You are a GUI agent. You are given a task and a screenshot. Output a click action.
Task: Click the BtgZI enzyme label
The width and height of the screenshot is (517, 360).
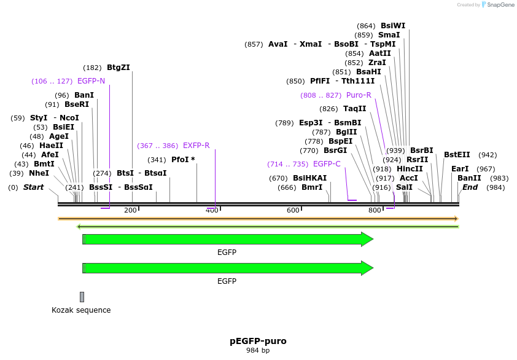[x=118, y=68]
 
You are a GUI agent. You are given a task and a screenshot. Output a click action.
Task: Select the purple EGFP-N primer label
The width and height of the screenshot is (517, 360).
[x=91, y=81]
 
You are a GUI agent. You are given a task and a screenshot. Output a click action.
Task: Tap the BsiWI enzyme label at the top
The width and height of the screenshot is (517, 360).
[x=393, y=26]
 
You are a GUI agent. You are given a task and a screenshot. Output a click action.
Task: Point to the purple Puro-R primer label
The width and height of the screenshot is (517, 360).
[x=359, y=95]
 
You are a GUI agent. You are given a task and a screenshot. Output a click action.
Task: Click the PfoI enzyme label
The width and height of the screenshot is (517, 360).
[x=183, y=160]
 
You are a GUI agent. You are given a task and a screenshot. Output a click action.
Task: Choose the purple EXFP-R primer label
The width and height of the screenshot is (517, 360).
[x=196, y=146]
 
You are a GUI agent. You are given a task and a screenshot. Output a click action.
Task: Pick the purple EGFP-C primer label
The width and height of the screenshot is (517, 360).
[x=327, y=164]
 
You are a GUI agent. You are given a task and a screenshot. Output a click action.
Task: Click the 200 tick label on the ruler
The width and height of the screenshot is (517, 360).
[x=130, y=211]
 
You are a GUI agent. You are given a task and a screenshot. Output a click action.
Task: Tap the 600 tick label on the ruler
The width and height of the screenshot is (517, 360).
[x=293, y=211]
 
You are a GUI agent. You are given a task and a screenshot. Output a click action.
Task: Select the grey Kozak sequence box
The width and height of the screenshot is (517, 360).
[x=82, y=297]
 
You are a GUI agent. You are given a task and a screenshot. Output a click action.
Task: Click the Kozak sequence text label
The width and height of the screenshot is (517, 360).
[x=81, y=310]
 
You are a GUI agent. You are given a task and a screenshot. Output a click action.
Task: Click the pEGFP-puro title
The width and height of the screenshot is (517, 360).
[x=258, y=341]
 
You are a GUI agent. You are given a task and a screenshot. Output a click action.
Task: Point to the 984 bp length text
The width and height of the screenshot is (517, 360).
[x=258, y=351]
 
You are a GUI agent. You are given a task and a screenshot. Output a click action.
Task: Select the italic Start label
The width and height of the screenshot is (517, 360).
[x=33, y=187]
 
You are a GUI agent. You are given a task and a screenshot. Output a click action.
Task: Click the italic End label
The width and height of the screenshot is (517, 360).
[x=470, y=187]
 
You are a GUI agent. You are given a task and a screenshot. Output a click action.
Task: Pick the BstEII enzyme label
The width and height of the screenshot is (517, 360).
[x=457, y=155]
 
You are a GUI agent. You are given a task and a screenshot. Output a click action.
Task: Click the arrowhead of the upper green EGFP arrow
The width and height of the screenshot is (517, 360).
[x=367, y=240]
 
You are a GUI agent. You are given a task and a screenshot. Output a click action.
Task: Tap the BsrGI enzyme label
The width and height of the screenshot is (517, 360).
[x=335, y=151]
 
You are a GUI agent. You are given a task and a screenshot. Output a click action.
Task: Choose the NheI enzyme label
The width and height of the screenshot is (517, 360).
[x=39, y=173]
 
